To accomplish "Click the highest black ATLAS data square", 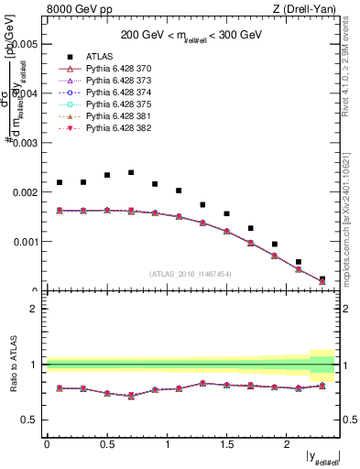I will click(x=131, y=172).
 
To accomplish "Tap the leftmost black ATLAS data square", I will click(x=60, y=182).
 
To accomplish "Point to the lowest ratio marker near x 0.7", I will click(x=131, y=396).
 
